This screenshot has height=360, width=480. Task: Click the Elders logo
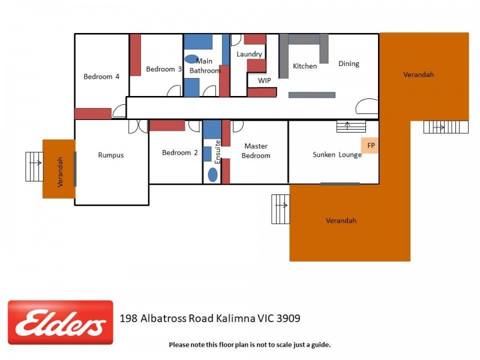coord(60,322)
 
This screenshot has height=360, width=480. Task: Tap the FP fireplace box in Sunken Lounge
coord(370,145)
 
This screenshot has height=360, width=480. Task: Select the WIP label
coord(265,80)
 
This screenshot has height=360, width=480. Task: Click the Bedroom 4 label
coord(101,77)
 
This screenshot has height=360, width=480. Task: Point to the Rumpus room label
coord(111,155)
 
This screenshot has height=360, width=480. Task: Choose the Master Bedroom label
coord(256,151)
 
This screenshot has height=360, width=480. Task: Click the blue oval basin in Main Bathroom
coord(192,59)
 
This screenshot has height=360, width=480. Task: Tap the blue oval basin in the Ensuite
coord(213,175)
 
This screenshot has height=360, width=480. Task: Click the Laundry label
coord(249,54)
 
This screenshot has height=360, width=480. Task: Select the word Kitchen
coord(305,66)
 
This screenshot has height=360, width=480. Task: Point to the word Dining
coord(349,64)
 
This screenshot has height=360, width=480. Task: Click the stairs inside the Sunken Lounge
coord(351,127)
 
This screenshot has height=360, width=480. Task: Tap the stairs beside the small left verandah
coord(34,166)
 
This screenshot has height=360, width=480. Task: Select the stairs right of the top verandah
coord(446,127)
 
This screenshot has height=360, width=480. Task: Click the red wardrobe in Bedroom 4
coord(93,113)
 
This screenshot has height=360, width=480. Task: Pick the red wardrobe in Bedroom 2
coord(167,125)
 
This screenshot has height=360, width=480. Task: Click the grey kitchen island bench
coord(312,95)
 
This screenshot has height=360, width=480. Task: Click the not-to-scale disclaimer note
coord(250,344)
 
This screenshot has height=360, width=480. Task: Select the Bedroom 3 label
coord(164,70)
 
